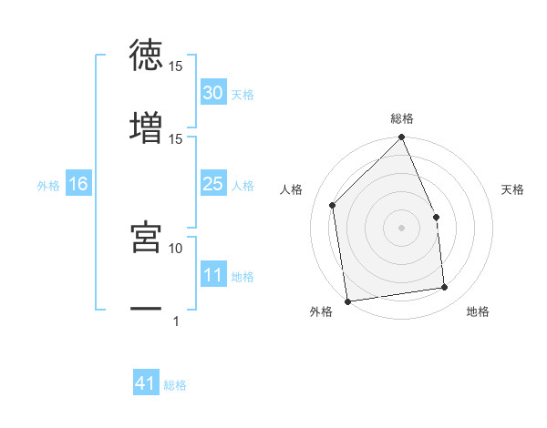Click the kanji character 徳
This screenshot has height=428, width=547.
[146, 55]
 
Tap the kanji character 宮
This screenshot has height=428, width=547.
[146, 236]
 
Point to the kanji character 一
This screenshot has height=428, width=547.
[146, 310]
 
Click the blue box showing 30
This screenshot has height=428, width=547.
[213, 93]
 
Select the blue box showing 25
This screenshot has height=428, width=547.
[213, 185]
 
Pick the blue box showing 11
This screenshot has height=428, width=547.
[213, 275]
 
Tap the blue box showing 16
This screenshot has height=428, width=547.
[78, 185]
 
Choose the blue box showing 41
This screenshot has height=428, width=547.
[146, 384]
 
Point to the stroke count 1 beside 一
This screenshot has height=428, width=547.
[176, 321]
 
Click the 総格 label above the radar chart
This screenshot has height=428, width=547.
[402, 118]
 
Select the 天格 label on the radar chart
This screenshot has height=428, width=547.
[513, 189]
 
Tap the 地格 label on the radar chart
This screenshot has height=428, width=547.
[478, 311]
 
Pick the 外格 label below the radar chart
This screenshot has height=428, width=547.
[321, 311]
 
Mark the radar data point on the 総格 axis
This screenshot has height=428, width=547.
[402, 138]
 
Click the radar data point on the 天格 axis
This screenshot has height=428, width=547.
[436, 217]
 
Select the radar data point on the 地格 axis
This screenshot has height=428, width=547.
[445, 288]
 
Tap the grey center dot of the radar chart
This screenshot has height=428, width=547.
[402, 228]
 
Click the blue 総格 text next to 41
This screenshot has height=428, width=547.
[175, 385]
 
